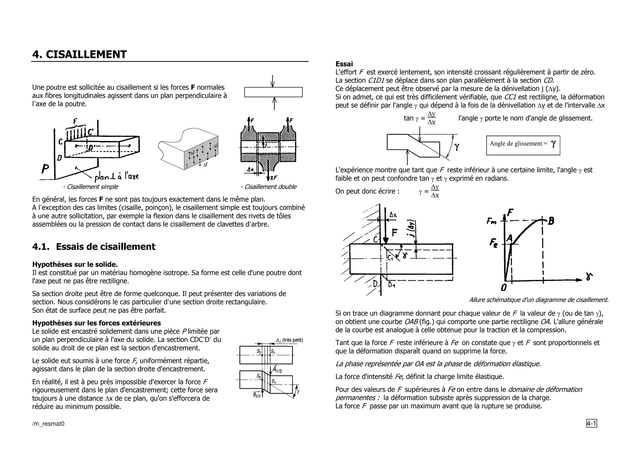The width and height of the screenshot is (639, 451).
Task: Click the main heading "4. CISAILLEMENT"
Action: pos(80,55)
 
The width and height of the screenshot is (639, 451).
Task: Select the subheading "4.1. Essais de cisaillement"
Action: pos(94,247)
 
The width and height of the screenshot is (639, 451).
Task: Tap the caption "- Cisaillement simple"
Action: pos(90,187)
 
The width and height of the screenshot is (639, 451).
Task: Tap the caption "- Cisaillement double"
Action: pos(268,187)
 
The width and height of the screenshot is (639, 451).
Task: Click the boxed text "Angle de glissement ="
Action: pos(518,144)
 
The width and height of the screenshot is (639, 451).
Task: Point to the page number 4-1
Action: pos(592,424)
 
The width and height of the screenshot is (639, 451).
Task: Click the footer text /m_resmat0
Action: pos(48,424)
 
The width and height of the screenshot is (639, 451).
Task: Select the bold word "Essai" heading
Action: pos(344,64)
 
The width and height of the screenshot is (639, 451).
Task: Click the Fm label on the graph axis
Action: pos(492,221)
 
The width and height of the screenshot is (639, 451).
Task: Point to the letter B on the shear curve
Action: pos(551,221)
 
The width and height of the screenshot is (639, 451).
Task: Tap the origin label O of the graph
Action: pos(504,287)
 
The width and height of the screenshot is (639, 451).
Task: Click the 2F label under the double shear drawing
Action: pos(274,178)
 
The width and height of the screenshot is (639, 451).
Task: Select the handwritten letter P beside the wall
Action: pos(46,169)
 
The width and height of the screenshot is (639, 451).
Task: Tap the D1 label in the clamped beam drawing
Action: pos(392,285)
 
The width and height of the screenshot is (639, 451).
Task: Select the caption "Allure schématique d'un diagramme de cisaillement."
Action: pos(539,300)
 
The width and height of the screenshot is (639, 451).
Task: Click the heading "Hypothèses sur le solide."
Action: pos(75,264)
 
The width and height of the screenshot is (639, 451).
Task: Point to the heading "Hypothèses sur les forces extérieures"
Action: pos(96,323)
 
